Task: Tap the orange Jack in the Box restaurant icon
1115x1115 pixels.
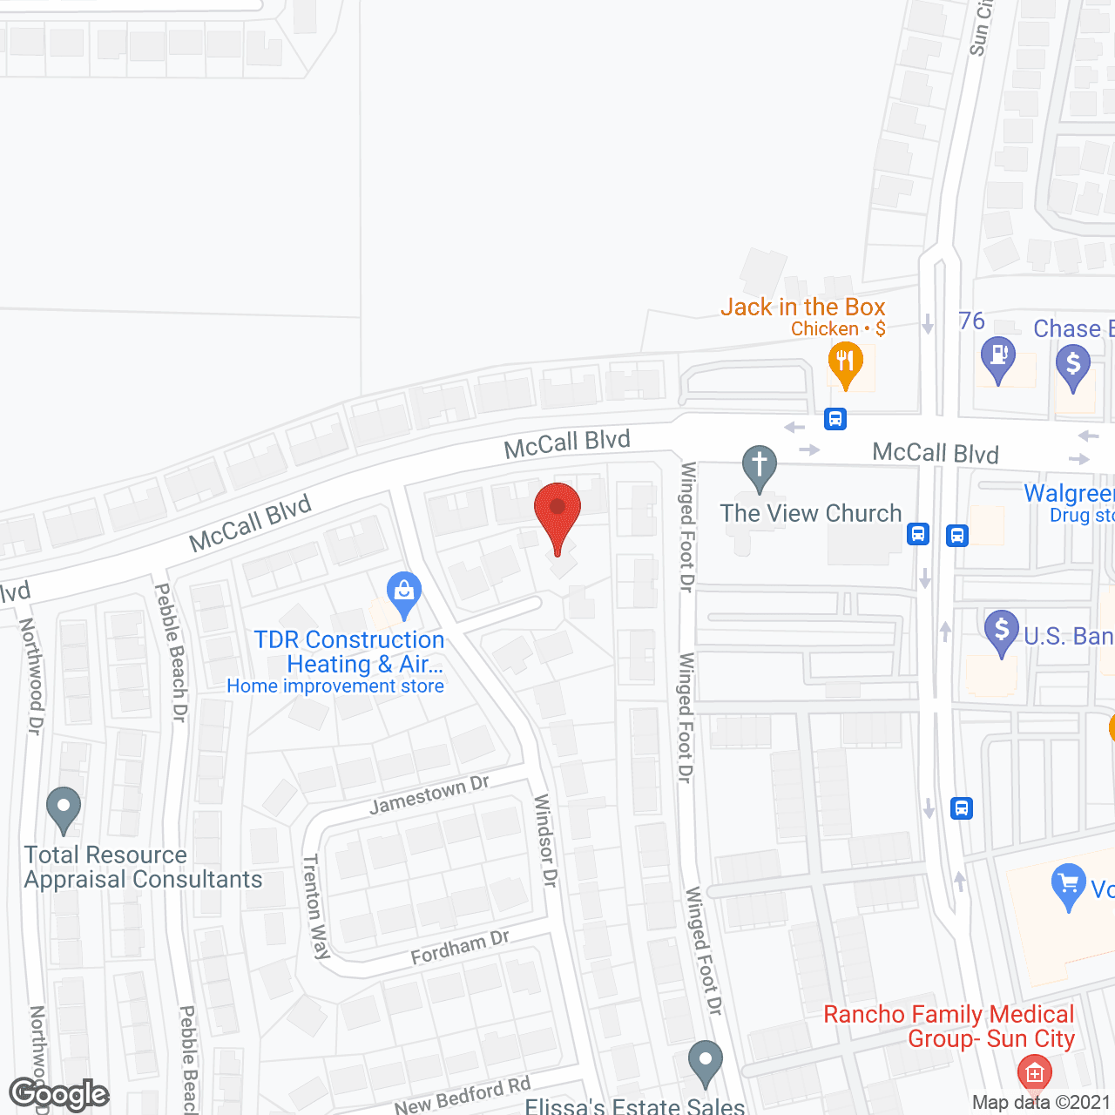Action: tap(845, 361)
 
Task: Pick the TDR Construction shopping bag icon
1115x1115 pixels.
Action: tap(403, 591)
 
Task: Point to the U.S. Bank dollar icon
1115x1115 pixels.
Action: tap(1002, 629)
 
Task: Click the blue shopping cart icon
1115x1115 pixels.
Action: tap(1069, 884)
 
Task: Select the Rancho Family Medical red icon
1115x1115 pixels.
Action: tap(1034, 1073)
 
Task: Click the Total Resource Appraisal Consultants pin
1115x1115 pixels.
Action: tap(63, 807)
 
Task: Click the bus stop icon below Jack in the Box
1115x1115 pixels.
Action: tap(835, 419)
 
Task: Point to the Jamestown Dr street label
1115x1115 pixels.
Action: tap(429, 794)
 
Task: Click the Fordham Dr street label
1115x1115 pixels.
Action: tap(459, 947)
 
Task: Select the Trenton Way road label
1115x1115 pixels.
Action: tap(316, 906)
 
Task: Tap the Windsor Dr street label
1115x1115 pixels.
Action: tap(545, 840)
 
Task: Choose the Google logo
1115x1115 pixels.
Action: tap(59, 1094)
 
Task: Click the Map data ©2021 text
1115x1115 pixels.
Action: tap(1041, 1103)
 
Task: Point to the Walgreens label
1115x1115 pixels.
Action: tap(1069, 493)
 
